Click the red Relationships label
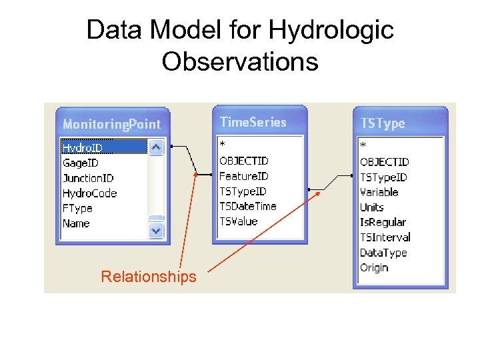(148, 277)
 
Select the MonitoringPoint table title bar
(111, 124)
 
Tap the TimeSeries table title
(253, 122)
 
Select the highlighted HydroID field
(83, 147)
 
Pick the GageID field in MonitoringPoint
(81, 163)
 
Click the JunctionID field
(88, 178)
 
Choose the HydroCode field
(89, 193)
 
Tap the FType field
(77, 208)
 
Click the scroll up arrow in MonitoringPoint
(156, 147)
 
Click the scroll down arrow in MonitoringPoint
(156, 230)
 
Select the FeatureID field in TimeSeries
(243, 176)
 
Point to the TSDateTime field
(247, 206)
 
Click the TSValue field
(238, 221)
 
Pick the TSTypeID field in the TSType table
(383, 177)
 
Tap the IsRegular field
(383, 222)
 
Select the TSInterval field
(385, 237)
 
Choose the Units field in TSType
(371, 207)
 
